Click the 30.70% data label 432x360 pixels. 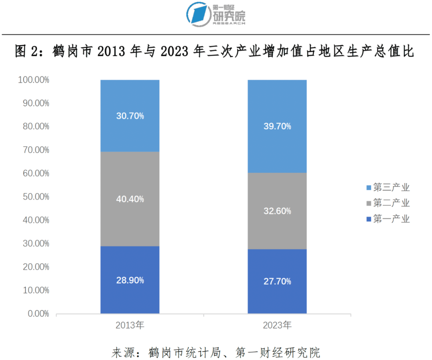130,116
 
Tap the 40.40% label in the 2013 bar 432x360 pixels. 130,199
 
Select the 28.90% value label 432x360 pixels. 130,280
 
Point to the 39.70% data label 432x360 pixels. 277,126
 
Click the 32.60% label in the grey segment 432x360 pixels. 277,211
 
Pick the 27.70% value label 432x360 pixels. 277,282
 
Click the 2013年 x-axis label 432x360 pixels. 130,325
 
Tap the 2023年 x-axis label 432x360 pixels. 277,325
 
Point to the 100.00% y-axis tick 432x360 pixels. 34,80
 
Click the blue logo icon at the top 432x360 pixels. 199,13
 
